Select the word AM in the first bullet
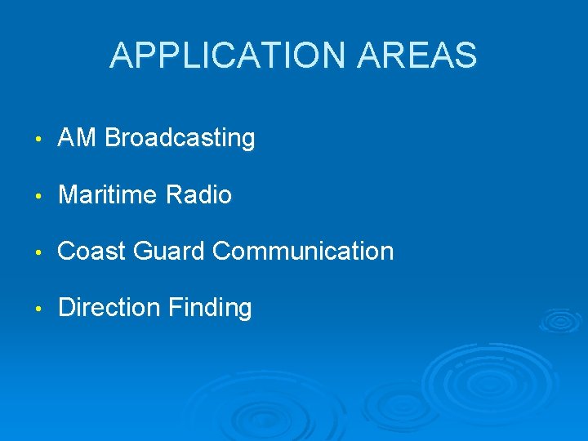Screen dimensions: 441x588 tap(78, 139)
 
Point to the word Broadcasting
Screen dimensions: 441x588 tap(180, 139)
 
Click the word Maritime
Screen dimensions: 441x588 tap(109, 195)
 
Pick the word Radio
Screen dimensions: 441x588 tap(198, 195)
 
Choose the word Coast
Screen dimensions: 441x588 tap(91, 252)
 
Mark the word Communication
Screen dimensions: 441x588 tap(303, 252)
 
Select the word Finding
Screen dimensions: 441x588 tap(210, 308)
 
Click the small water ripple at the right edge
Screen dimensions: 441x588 tap(561, 320)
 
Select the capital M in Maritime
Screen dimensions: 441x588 tap(68, 195)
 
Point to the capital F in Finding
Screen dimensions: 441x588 tap(175, 308)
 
